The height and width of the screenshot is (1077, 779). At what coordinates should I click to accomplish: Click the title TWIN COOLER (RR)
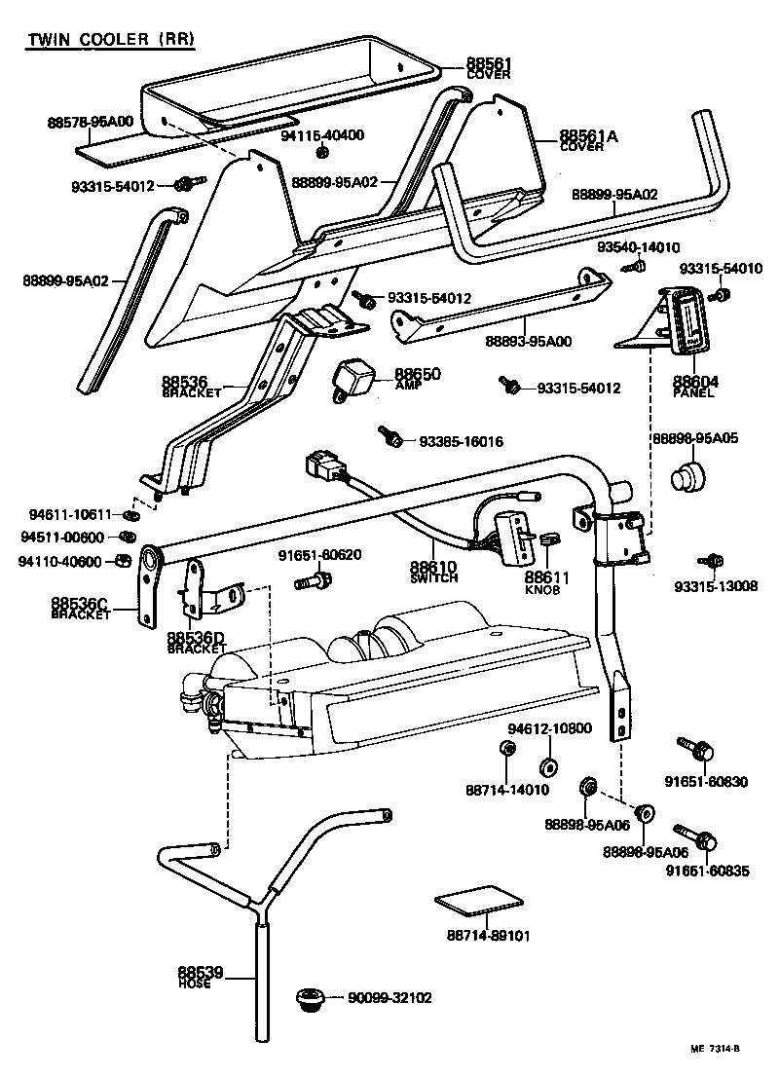(x=109, y=40)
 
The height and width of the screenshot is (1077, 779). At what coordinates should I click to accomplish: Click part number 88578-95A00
(x=90, y=123)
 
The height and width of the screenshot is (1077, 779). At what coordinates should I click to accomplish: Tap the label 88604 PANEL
(x=694, y=387)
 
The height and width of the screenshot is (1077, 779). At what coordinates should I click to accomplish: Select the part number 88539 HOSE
(x=201, y=976)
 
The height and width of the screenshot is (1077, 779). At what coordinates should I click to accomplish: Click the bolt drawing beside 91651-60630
(x=695, y=750)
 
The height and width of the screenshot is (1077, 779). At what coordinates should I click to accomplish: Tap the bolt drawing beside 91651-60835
(x=695, y=837)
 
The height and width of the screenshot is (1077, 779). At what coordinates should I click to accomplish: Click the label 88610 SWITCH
(x=434, y=571)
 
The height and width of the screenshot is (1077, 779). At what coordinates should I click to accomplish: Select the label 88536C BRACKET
(x=82, y=610)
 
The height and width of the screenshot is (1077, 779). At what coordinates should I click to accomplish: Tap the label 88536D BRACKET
(x=196, y=641)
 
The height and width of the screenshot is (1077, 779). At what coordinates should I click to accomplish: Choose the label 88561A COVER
(x=588, y=140)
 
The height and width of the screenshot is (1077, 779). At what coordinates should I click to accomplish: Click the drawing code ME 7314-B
(x=716, y=1049)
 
